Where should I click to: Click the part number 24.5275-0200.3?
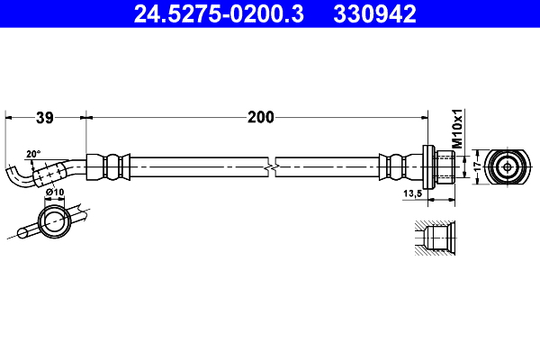point(210,13)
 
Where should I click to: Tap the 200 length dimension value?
point(261,116)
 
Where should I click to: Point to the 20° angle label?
point(33,154)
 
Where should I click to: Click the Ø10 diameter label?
point(54,191)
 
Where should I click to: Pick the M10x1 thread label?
point(456,130)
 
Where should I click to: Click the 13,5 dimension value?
point(414,193)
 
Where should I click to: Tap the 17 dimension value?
point(464,166)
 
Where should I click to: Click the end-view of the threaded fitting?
point(508,166)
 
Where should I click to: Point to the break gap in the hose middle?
point(273,166)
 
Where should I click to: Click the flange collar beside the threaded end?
point(427,166)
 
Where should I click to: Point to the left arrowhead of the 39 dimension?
point(9,116)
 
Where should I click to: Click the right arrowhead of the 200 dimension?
point(422,116)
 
